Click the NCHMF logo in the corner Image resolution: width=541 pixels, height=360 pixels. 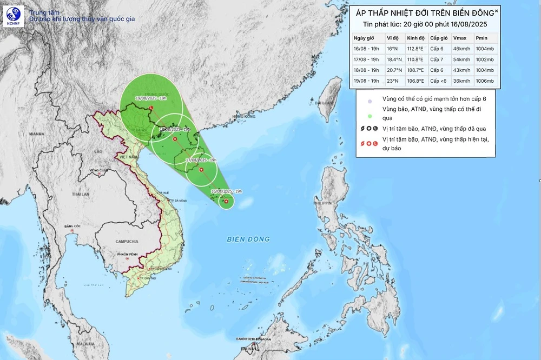coord(12,15)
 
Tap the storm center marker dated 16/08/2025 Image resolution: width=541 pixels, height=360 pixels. coord(226,202)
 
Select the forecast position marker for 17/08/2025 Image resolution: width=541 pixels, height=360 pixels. coord(201,170)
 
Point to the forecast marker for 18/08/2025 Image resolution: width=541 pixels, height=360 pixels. coord(175,139)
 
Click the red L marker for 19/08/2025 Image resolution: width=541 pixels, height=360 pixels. coord(151,108)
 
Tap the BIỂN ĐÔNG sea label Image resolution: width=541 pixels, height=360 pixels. coord(248,239)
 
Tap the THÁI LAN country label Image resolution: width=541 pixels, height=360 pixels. coord(82,194)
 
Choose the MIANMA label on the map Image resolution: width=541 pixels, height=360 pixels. coord(37,133)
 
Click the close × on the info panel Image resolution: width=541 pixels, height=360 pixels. coord(497,10)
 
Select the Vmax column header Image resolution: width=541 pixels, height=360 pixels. coord(459,38)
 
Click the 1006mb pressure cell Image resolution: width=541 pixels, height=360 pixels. coord(484,81)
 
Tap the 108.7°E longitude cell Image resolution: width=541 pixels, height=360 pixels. coord(415,70)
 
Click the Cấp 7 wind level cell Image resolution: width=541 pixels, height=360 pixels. coord(438,59)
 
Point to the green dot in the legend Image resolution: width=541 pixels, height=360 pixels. coord(369,115)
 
